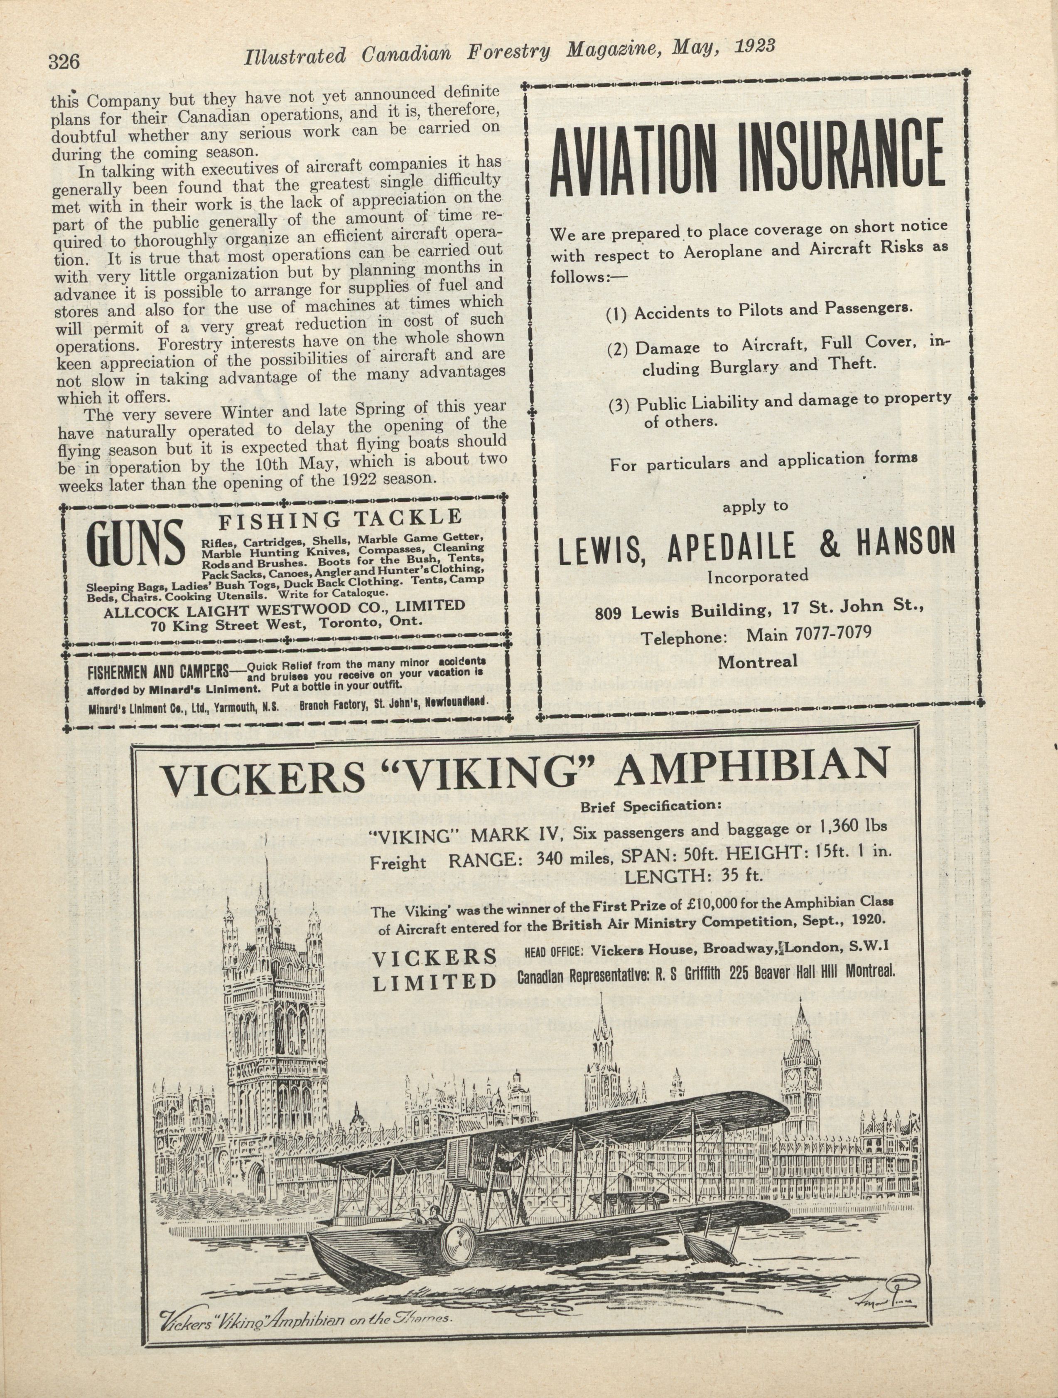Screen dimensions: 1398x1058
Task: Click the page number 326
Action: [63, 62]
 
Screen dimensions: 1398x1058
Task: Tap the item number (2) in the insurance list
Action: [617, 349]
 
